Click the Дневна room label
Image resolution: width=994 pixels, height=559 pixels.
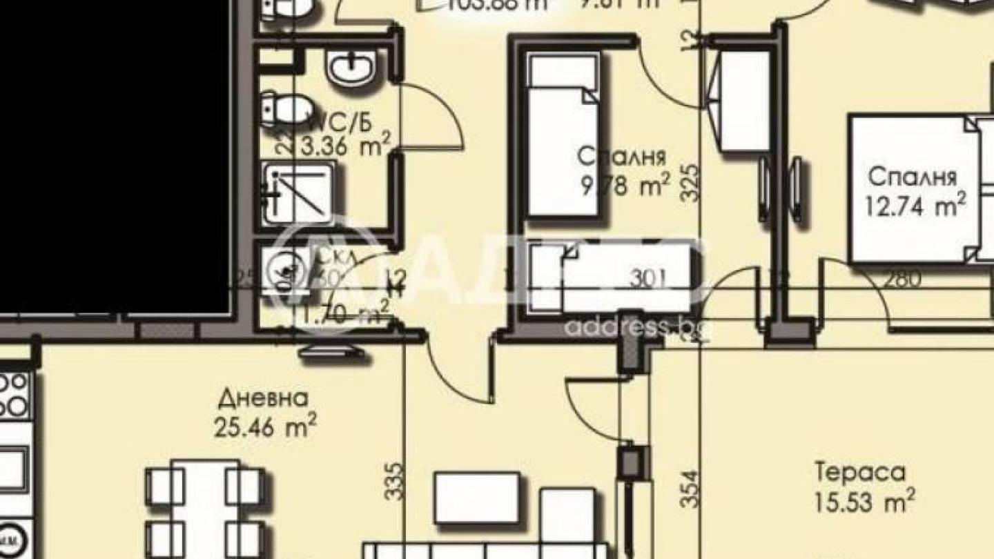point(263,399)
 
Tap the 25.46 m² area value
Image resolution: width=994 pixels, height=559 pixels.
point(265,428)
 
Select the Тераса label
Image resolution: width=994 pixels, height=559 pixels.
point(860,473)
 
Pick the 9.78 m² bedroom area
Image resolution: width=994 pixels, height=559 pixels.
point(625,186)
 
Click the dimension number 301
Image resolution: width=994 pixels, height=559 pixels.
point(649,278)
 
